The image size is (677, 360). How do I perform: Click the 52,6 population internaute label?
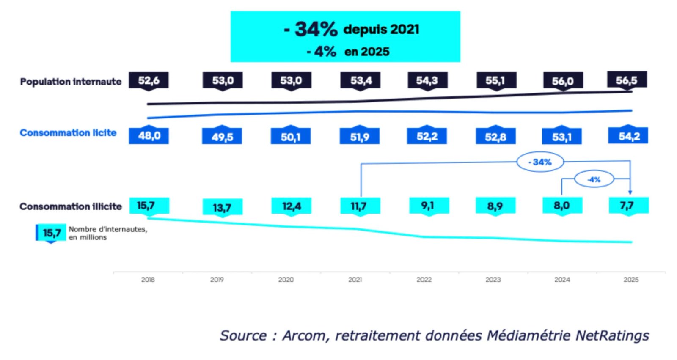click(x=149, y=80)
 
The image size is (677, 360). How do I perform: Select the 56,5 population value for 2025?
click(x=627, y=80)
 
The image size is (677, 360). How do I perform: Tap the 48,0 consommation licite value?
click(x=149, y=136)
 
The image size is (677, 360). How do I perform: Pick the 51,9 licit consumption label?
click(x=360, y=137)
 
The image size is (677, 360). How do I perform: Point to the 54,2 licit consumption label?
click(x=628, y=136)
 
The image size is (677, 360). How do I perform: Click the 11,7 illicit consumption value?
click(x=359, y=206)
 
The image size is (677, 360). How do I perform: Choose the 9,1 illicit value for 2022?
click(x=428, y=206)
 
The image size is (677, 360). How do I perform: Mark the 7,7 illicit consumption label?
click(x=627, y=206)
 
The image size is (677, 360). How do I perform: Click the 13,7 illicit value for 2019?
click(x=222, y=207)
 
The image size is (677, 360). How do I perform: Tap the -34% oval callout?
click(x=540, y=162)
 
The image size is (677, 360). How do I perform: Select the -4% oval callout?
click(x=594, y=179)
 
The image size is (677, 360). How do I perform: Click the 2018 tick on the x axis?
click(x=148, y=280)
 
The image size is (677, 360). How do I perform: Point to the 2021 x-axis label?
click(x=355, y=280)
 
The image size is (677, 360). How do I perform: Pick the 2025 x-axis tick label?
click(x=631, y=280)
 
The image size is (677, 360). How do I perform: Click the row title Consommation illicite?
click(x=71, y=206)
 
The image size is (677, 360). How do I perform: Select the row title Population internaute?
click(x=71, y=82)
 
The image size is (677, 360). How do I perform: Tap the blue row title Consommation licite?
click(x=68, y=133)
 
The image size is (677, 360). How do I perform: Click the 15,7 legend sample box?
click(x=51, y=233)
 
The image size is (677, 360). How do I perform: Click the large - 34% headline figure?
click(x=311, y=29)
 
